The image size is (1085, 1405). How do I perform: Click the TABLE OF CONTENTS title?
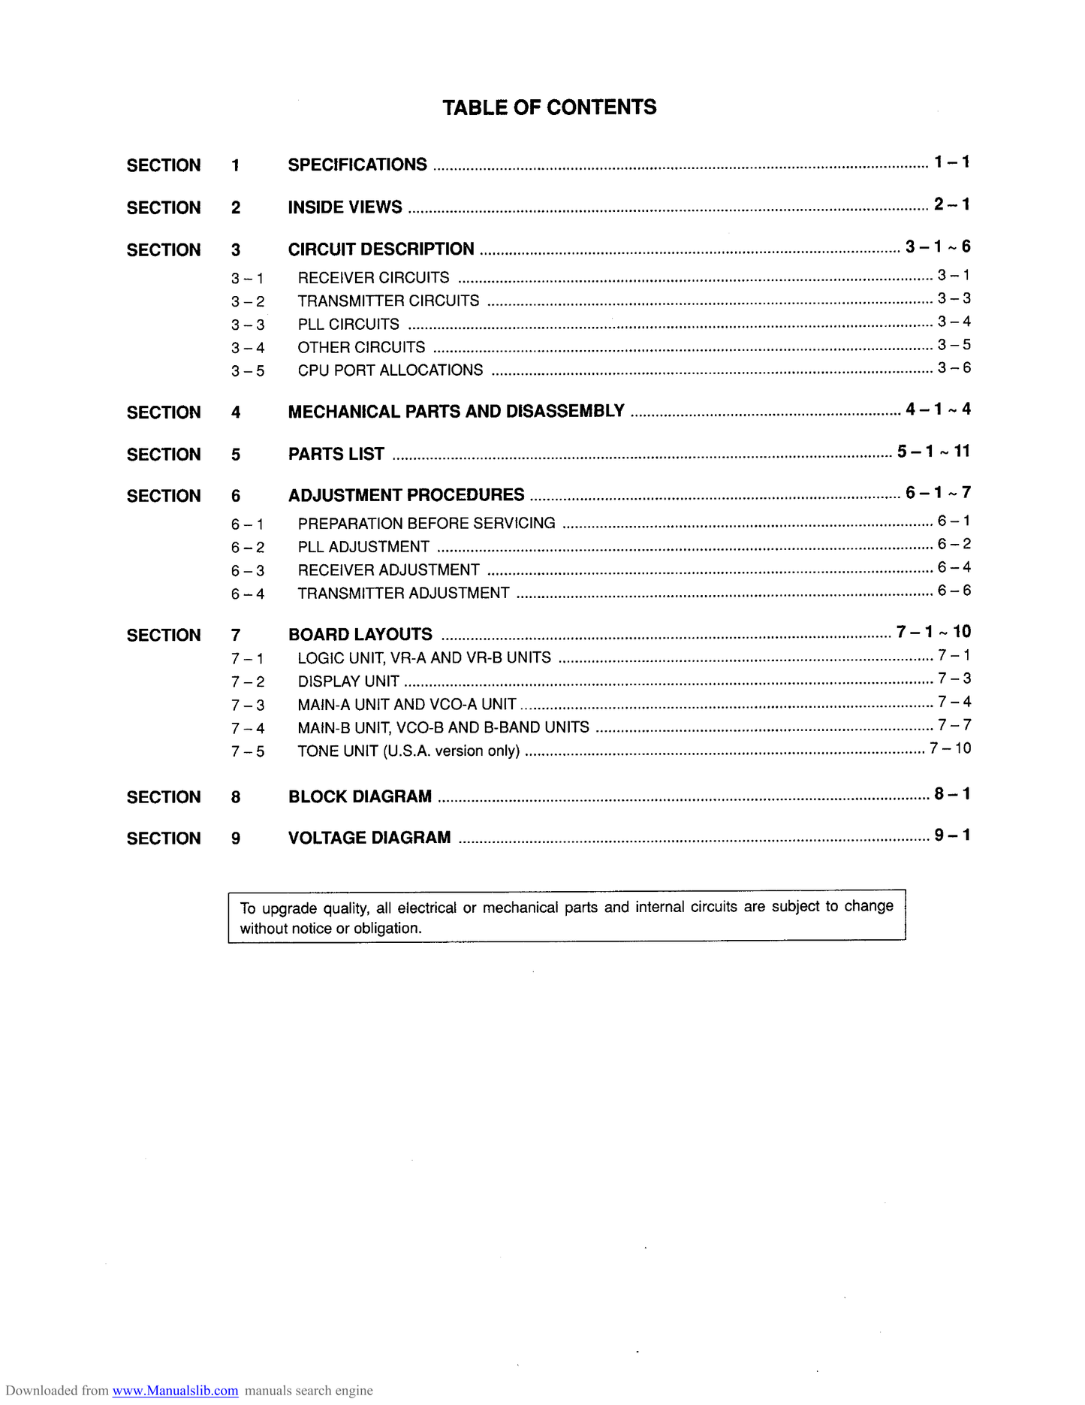tap(549, 107)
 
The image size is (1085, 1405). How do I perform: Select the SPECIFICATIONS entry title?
tap(357, 165)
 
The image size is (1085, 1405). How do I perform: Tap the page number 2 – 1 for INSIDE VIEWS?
tap(951, 204)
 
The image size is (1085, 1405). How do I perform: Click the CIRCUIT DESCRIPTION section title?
tap(381, 249)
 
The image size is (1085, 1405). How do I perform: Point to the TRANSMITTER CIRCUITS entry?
tap(388, 301)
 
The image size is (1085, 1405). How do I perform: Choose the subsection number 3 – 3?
tap(248, 325)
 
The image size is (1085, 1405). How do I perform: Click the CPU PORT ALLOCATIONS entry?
tap(390, 370)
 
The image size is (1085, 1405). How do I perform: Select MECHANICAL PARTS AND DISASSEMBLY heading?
tap(456, 411)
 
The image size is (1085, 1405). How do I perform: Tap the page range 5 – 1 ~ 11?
tap(933, 451)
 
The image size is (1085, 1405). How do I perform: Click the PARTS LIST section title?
tap(336, 454)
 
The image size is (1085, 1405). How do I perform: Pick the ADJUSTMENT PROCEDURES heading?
tap(406, 495)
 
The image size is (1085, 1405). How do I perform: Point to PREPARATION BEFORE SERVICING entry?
tap(426, 523)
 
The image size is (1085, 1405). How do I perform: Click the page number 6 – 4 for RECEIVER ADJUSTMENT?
tap(954, 567)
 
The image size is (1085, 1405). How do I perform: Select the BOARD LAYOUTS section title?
tap(360, 634)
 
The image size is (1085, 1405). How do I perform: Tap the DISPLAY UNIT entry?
tap(348, 681)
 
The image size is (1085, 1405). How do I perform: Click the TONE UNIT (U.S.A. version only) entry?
tap(408, 751)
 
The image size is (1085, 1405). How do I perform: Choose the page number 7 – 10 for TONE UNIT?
tap(950, 748)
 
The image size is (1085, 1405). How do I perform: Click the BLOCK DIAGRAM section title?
tap(360, 796)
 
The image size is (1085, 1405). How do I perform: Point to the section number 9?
tap(236, 838)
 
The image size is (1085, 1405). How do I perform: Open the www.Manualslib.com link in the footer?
tap(175, 1391)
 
